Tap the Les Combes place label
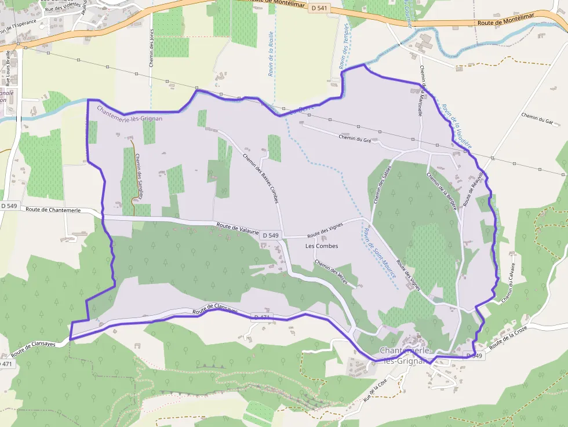321,246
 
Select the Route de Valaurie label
238,228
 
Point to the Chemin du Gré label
355,138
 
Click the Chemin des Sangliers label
139,176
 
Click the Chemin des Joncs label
151,48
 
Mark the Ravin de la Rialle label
271,54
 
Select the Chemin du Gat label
537,118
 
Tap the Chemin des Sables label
380,185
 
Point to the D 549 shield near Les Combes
270,235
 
